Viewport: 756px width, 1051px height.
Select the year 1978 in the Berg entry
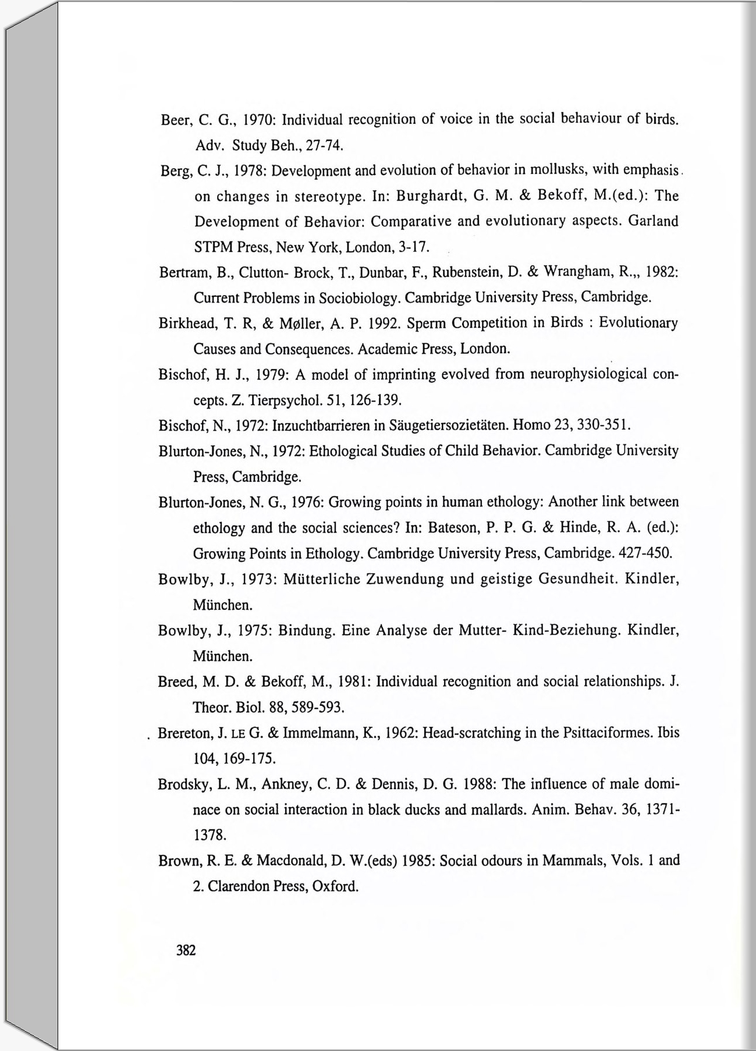249,171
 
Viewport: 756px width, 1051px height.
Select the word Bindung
305,631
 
